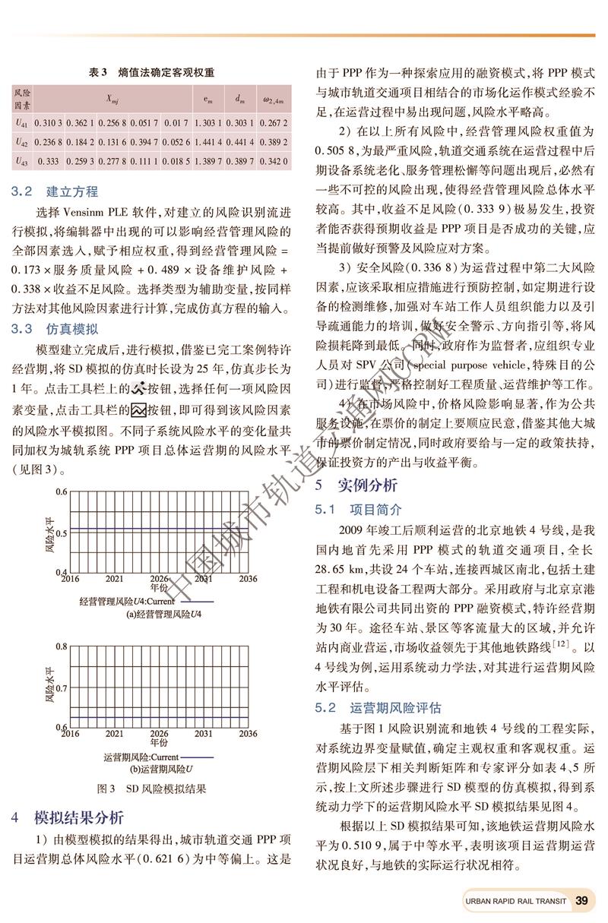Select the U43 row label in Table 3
click(22, 161)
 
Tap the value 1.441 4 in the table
click(207, 141)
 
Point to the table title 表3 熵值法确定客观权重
click(152, 72)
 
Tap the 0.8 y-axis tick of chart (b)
click(61, 646)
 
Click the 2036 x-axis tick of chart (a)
click(248, 578)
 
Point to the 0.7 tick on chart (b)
click(61, 687)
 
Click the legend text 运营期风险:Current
click(141, 757)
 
